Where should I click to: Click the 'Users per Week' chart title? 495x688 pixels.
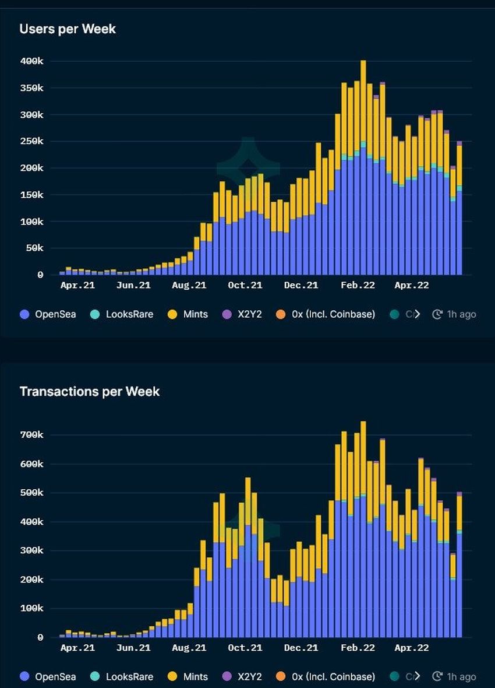tap(68, 29)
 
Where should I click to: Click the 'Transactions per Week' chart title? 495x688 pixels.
tap(89, 391)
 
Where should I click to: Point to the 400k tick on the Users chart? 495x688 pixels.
tap(31, 61)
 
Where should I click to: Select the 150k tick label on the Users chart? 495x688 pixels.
tap(31, 195)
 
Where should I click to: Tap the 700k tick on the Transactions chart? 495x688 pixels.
tap(31, 435)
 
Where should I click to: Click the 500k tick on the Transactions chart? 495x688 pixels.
tap(31, 493)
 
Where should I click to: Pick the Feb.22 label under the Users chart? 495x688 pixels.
tap(358, 285)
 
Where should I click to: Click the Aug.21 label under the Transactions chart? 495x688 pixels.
tap(189, 648)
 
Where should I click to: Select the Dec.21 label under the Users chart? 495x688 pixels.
tap(300, 285)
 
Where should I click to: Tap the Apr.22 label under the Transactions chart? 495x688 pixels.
tap(411, 648)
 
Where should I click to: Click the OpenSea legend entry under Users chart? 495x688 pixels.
tap(48, 314)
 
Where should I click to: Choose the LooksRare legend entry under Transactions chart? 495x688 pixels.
tap(123, 677)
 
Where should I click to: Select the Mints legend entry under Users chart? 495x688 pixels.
tap(189, 314)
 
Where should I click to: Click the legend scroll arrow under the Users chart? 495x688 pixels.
tap(416, 314)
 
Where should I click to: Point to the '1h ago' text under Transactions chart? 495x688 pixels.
tap(461, 677)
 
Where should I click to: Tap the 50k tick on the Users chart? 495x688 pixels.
tap(34, 248)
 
